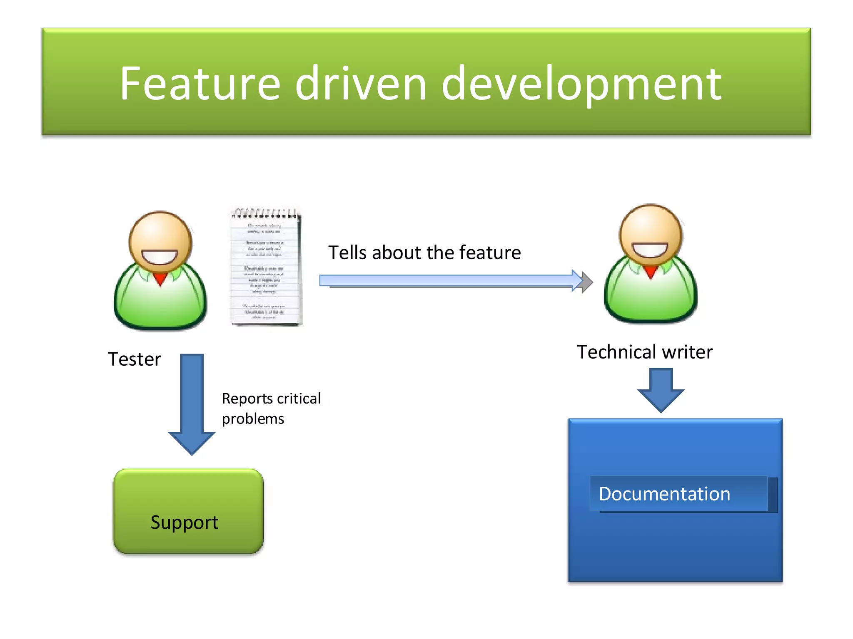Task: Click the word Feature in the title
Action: [200, 84]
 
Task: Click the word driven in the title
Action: [361, 84]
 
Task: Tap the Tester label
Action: [134, 359]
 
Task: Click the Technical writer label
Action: [644, 352]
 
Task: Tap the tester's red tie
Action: [160, 278]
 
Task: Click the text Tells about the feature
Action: [424, 253]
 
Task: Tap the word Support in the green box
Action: [184, 522]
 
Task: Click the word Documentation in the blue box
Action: [664, 494]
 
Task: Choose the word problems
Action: [253, 419]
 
